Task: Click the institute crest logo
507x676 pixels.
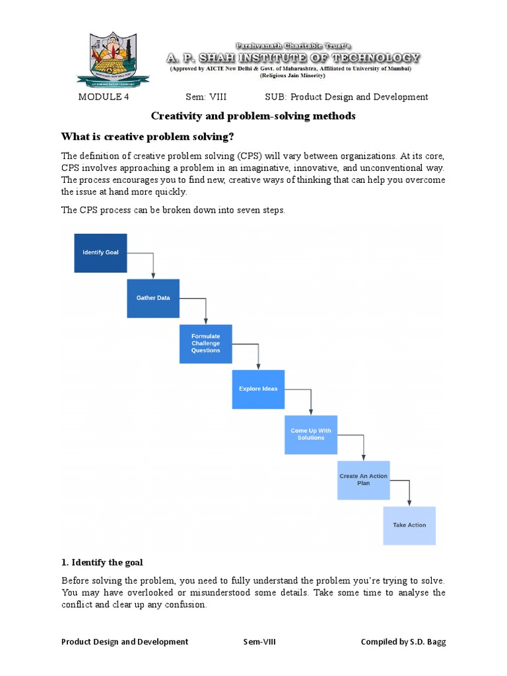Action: (x=113, y=60)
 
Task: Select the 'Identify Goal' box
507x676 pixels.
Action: (x=100, y=253)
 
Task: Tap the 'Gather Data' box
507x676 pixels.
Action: (x=153, y=298)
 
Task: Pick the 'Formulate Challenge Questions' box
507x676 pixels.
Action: (x=206, y=343)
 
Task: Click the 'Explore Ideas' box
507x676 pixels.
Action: (x=258, y=389)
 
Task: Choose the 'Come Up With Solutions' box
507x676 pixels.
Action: (x=311, y=434)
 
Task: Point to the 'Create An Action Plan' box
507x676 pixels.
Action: (x=363, y=480)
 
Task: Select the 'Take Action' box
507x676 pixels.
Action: (x=409, y=525)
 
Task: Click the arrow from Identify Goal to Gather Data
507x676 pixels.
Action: (x=153, y=264)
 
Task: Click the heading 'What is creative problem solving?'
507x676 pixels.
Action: (x=147, y=137)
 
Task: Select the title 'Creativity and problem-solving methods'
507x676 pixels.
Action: (x=253, y=116)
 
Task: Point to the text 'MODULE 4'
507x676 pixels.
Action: (x=100, y=97)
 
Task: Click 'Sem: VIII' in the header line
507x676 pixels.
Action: (x=206, y=97)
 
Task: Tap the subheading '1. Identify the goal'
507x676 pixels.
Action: (x=102, y=562)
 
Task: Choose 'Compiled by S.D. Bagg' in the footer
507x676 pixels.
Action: (x=403, y=642)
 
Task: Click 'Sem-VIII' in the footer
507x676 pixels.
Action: (x=259, y=642)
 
